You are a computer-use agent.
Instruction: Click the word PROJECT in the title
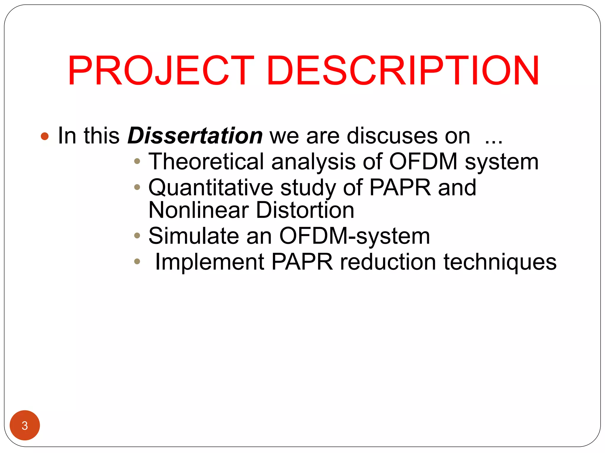point(161,71)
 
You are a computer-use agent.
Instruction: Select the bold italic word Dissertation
point(195,136)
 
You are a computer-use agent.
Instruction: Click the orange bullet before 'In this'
point(45,136)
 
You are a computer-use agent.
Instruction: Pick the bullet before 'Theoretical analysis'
point(137,161)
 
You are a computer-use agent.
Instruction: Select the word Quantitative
point(211,188)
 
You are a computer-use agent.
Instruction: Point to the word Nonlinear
point(199,210)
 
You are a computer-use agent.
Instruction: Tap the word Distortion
point(305,210)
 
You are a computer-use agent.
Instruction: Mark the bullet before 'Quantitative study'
point(137,187)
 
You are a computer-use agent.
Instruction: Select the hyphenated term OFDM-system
point(354,236)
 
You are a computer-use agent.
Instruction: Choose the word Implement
point(209,262)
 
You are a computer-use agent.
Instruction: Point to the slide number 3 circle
point(25,425)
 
